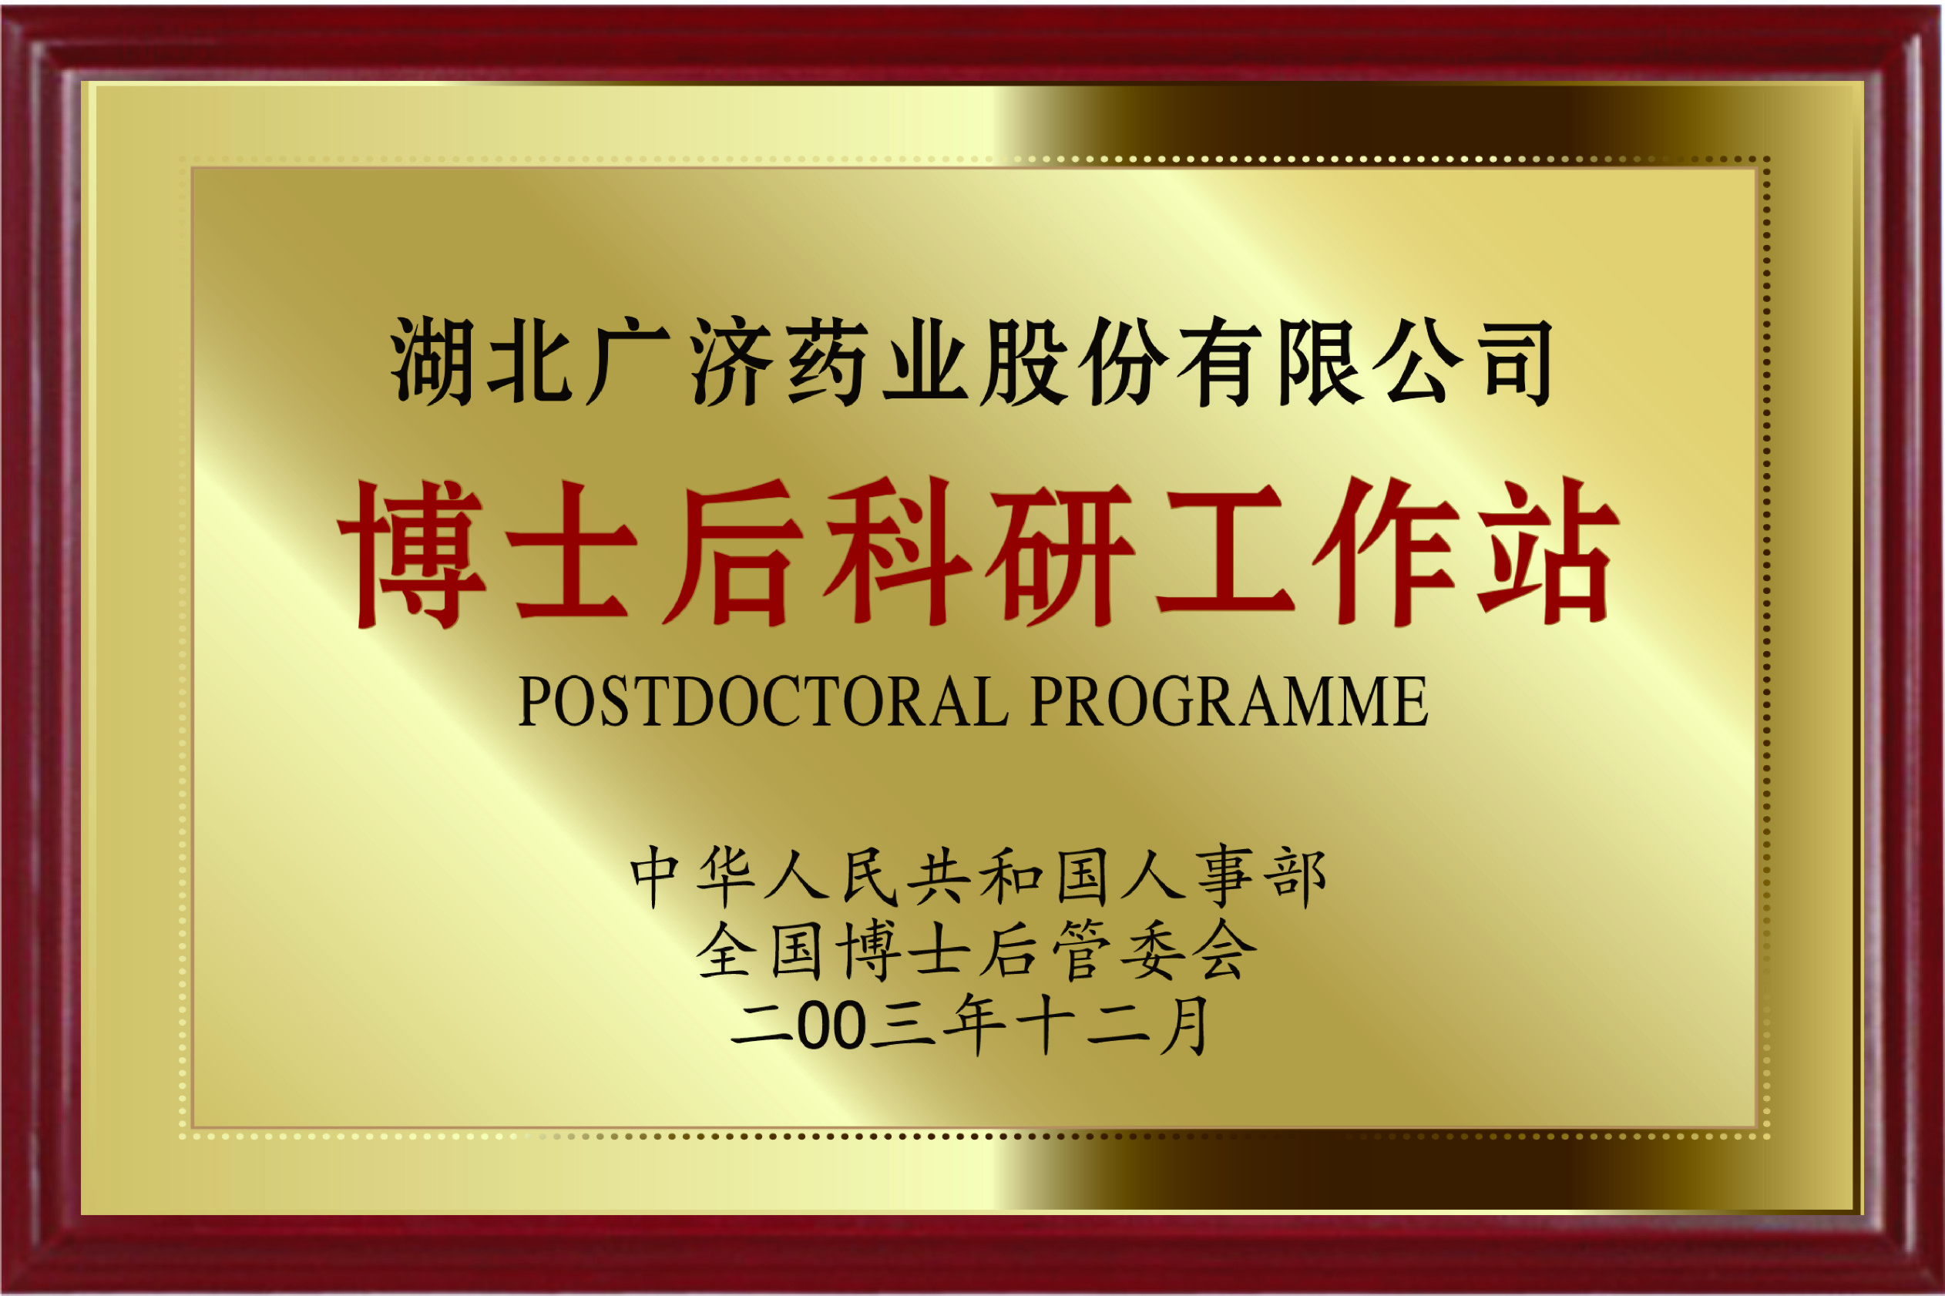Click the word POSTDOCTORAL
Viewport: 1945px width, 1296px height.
(761, 703)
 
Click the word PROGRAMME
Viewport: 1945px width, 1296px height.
(1228, 703)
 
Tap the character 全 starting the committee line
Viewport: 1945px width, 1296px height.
(725, 952)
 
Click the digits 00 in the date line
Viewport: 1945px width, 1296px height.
(831, 1026)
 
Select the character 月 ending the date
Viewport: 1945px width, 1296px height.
(1184, 1026)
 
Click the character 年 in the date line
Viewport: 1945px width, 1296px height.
(974, 1026)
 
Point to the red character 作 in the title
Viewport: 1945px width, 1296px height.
(1386, 552)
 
